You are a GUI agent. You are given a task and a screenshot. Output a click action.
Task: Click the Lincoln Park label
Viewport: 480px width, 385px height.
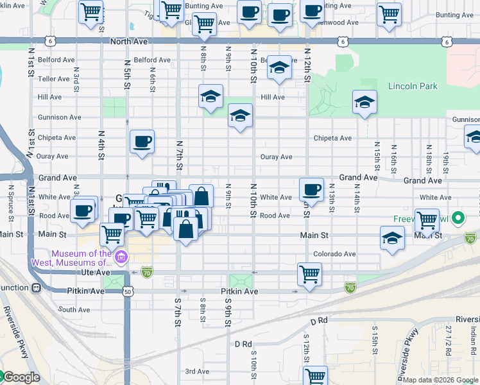pos(412,86)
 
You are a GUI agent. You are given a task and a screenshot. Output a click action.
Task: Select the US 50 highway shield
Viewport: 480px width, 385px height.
pos(128,291)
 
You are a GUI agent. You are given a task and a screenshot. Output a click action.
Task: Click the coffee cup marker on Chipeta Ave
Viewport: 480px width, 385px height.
pos(142,142)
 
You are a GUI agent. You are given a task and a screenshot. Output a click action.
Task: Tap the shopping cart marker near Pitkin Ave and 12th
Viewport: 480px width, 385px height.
pos(309,275)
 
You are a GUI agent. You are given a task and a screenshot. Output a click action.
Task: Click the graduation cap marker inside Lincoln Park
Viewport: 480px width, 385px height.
pos(364,102)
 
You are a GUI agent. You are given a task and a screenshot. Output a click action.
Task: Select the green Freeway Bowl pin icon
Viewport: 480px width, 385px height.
pos(458,219)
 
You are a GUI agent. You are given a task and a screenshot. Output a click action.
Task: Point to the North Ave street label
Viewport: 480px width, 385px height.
pos(128,41)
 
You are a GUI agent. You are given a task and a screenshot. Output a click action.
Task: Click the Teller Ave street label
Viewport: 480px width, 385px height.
pos(53,79)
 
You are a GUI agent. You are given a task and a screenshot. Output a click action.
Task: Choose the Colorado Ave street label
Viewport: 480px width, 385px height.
pos(334,254)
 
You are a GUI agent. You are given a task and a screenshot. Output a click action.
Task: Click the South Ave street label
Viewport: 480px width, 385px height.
pos(74,309)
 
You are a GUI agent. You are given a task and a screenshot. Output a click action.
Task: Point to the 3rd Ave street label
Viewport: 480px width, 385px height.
pos(197,371)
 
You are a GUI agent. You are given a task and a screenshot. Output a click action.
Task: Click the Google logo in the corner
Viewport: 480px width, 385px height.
pos(21,377)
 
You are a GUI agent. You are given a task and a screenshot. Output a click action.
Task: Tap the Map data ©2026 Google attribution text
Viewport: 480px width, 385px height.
pos(440,380)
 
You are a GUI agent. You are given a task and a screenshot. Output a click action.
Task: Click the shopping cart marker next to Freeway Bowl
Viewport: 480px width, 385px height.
pos(427,220)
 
